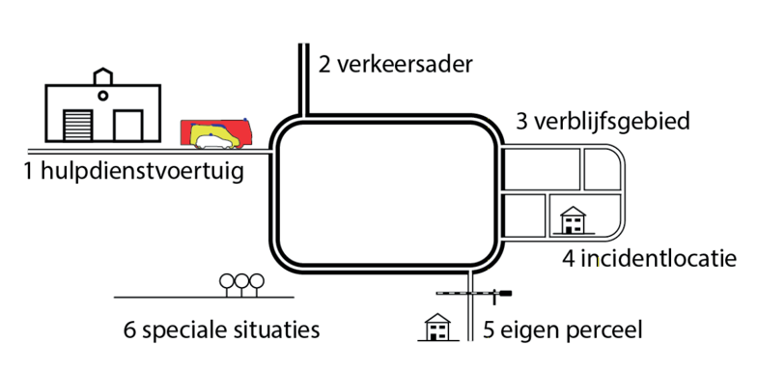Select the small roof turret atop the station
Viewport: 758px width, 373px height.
[x=101, y=75]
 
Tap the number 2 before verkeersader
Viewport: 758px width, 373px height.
[x=324, y=66]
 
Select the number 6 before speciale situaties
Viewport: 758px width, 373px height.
[x=130, y=330]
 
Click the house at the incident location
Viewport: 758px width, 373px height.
[x=575, y=220]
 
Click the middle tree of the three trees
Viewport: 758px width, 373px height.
[x=241, y=281]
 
